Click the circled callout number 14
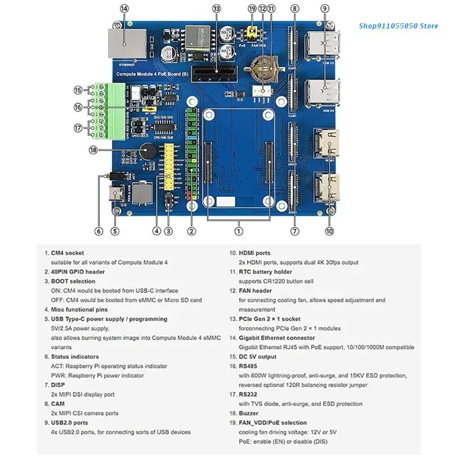click(x=125, y=8)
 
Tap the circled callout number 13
click(x=216, y=8)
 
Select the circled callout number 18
click(x=94, y=150)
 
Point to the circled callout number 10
click(x=329, y=231)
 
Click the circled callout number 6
click(x=99, y=231)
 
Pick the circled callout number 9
click(x=324, y=8)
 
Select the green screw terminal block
click(x=111, y=110)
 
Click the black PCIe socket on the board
click(x=209, y=73)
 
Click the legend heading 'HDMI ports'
click(x=254, y=253)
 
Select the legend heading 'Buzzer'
click(x=250, y=413)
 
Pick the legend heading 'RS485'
click(x=249, y=366)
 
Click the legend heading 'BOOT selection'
click(x=73, y=281)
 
